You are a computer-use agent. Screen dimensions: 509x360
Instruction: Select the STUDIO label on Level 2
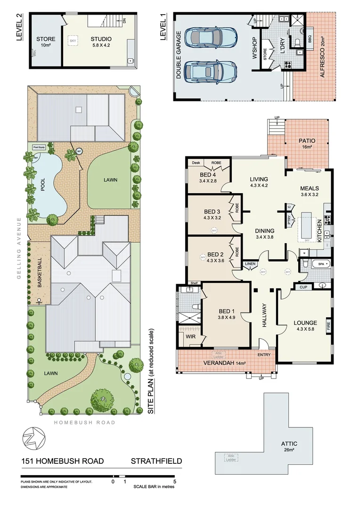[x=101, y=39]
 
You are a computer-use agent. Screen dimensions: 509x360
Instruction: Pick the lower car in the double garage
[x=211, y=72]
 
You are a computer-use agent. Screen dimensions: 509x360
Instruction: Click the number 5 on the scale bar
[x=175, y=482]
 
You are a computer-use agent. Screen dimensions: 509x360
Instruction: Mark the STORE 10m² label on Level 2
[x=46, y=42]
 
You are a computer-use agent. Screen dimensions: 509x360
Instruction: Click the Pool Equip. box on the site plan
[x=39, y=148]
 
